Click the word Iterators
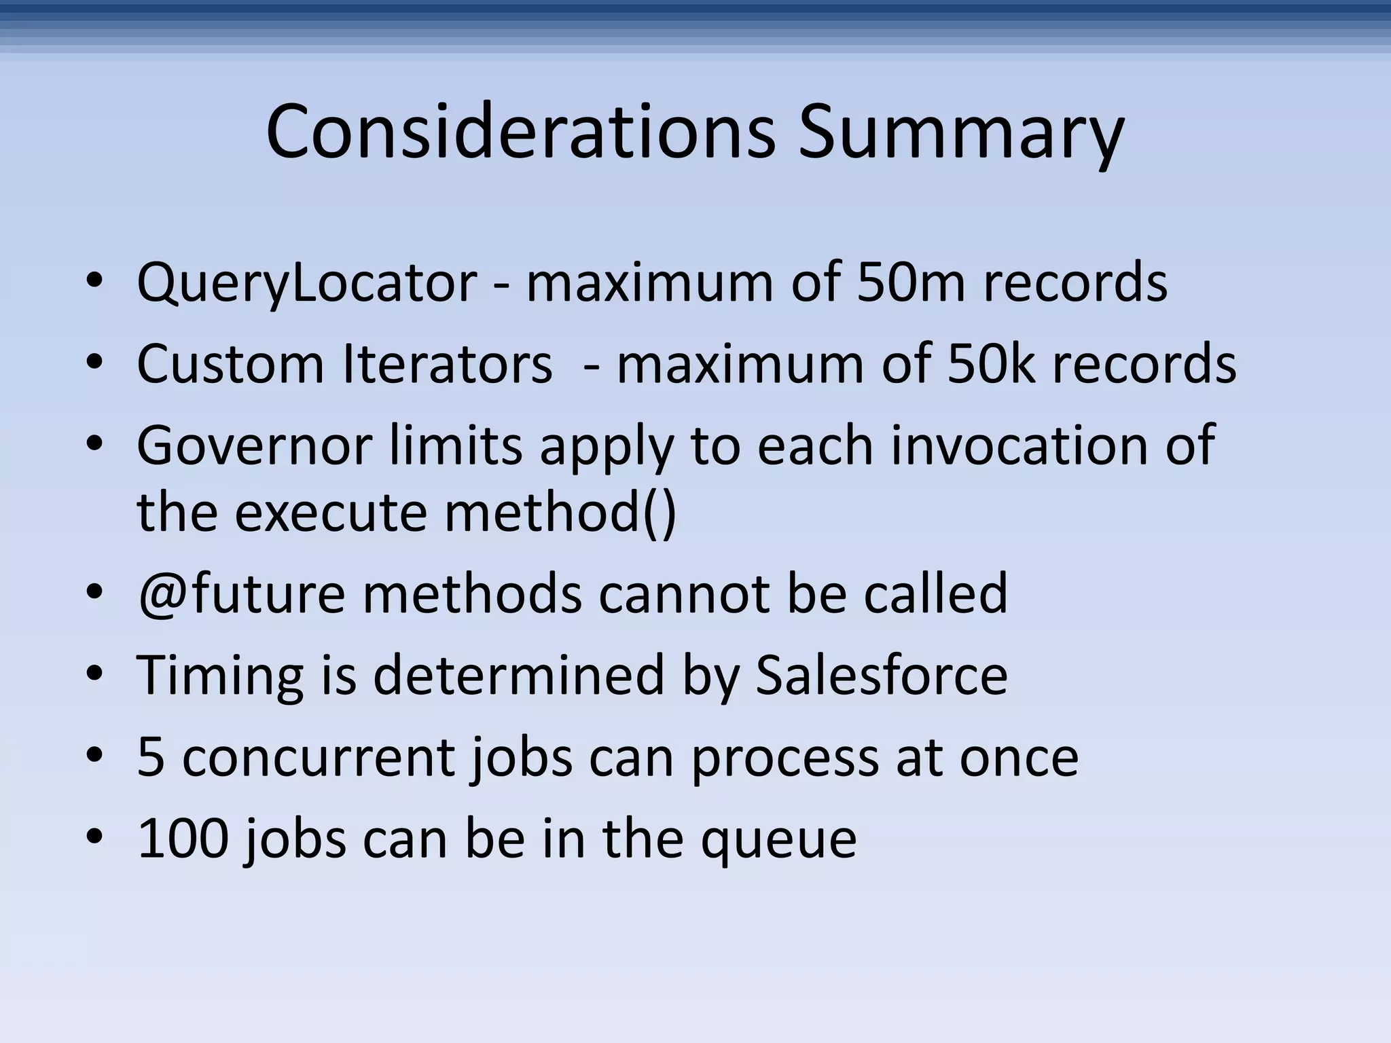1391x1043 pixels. click(x=447, y=364)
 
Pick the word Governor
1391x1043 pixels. click(x=254, y=445)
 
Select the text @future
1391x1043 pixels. click(x=241, y=593)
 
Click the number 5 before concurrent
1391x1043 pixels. click(x=151, y=756)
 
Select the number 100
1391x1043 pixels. click(x=182, y=838)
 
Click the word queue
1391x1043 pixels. click(x=778, y=839)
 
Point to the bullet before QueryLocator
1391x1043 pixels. click(x=94, y=282)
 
